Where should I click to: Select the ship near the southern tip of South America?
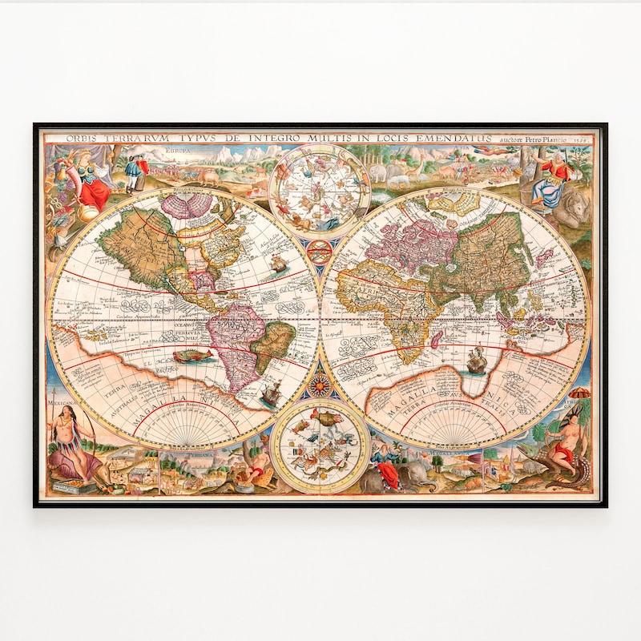[270, 392]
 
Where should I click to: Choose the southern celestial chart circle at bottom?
[320, 445]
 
